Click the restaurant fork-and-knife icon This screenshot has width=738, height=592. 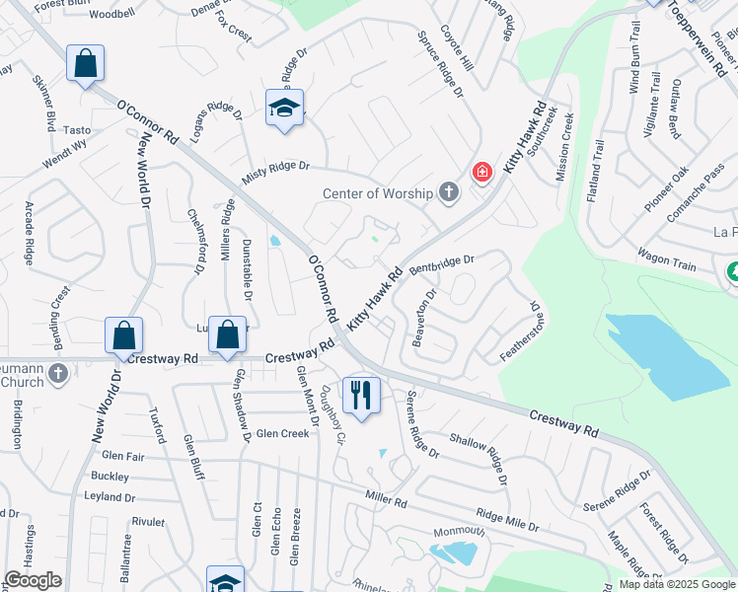360,396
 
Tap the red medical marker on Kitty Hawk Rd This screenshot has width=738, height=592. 481,173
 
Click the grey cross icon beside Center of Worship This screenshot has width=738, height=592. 449,190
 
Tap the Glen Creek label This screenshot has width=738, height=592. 282,433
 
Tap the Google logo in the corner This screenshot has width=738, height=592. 33,580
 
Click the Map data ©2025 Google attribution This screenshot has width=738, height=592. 676,584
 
